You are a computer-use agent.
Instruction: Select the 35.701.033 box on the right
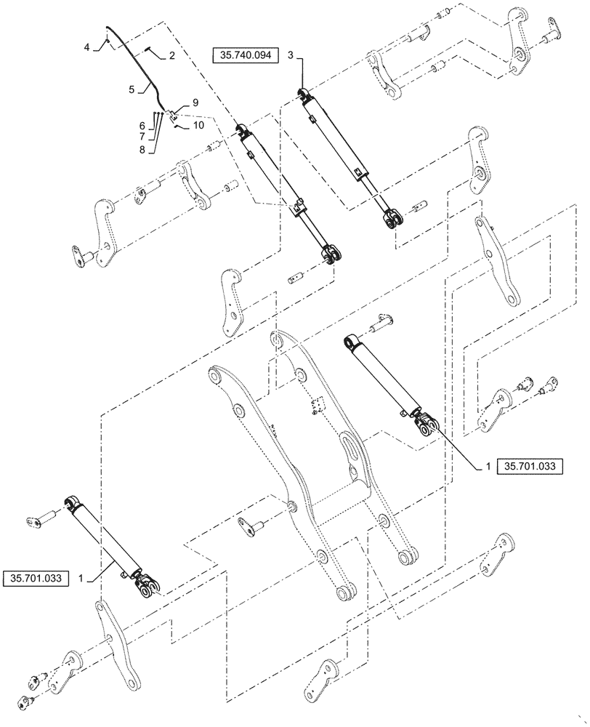(530, 466)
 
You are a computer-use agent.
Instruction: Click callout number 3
(290, 56)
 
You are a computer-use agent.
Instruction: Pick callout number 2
(172, 55)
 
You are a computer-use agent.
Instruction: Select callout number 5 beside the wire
(131, 89)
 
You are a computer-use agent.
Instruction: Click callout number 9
(195, 103)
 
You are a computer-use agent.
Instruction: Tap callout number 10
(198, 126)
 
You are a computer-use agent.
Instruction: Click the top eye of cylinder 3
(301, 92)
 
